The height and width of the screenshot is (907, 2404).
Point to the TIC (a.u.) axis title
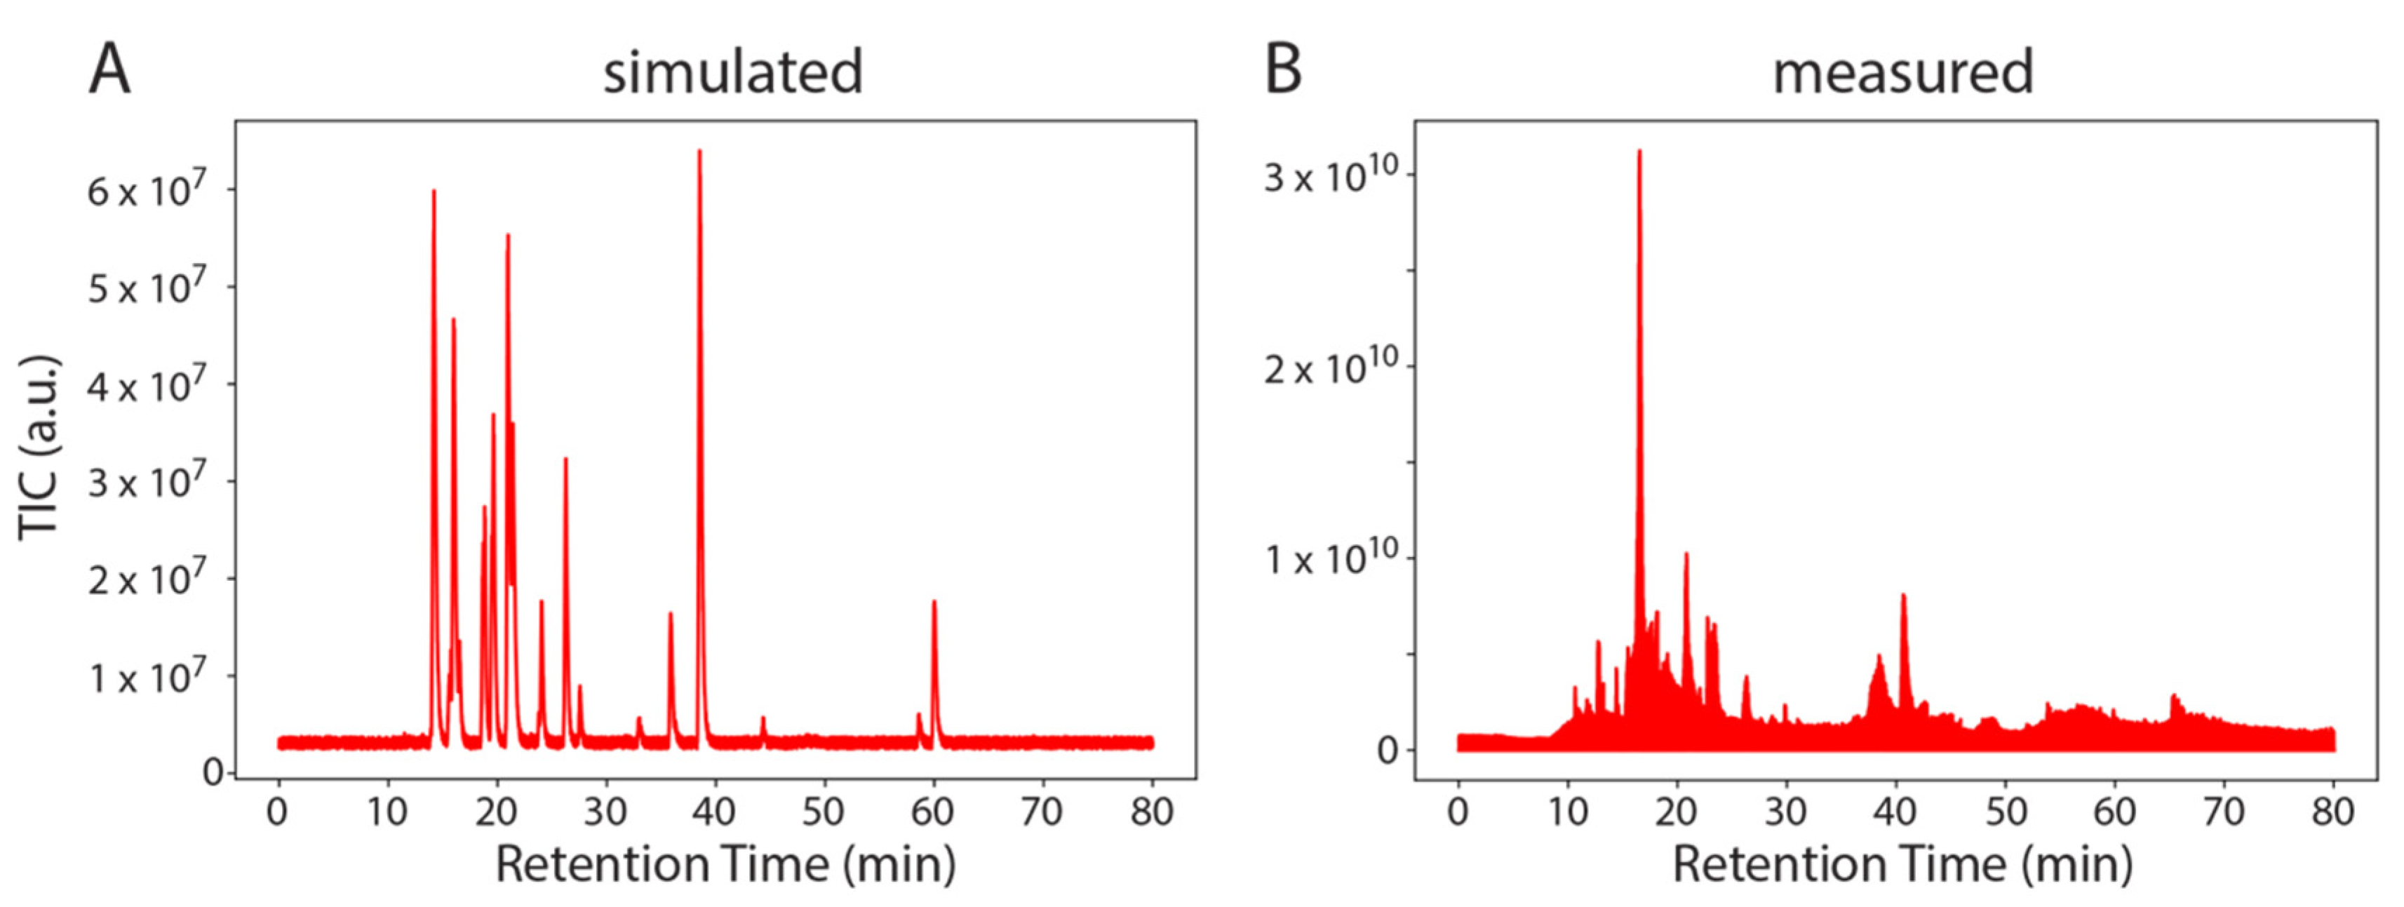pos(39,447)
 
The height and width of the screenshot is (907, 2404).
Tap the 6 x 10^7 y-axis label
pos(147,192)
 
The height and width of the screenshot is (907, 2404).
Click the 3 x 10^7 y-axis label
pos(147,483)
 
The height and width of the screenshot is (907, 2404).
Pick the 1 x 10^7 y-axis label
pos(147,678)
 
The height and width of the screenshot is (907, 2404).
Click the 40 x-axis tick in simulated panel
pos(715,812)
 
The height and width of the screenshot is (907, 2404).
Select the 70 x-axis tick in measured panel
pos(2224,812)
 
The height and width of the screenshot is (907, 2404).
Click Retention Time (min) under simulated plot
pos(725,864)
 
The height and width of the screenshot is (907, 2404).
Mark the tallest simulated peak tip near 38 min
pos(699,152)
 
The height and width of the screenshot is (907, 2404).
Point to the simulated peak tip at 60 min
pos(934,603)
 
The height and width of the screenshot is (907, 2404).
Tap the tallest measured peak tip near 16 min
pos(1639,152)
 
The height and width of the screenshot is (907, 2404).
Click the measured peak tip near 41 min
pos(1903,596)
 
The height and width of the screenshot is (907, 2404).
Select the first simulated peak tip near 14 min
pos(433,192)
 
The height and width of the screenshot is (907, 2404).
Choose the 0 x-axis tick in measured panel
pos(1458,812)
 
